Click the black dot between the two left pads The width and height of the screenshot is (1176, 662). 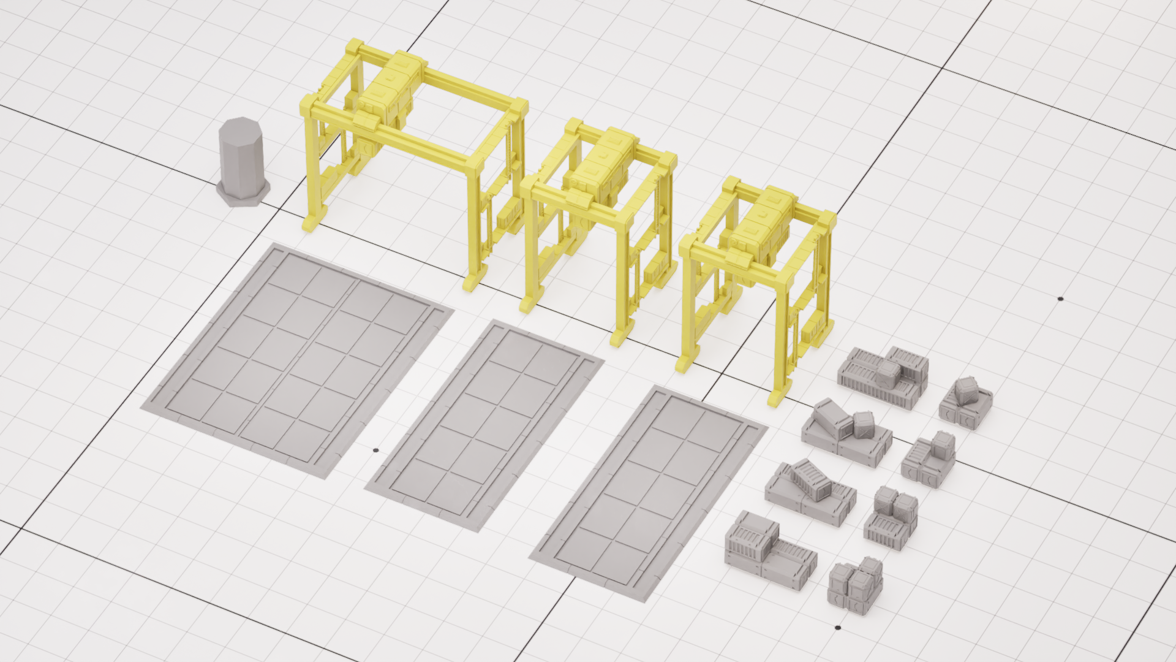point(375,451)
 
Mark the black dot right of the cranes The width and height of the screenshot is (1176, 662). point(1060,299)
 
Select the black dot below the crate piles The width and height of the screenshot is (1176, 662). point(837,628)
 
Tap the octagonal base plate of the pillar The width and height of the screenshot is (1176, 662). point(242,195)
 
